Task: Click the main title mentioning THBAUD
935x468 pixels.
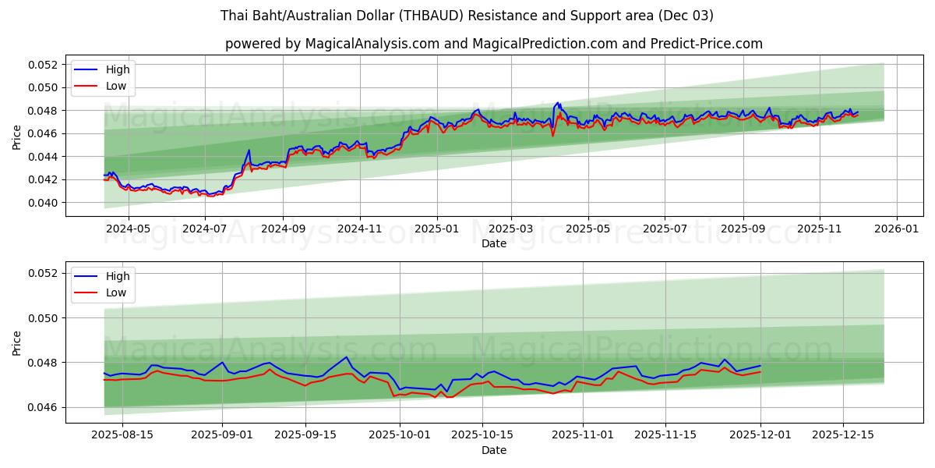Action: tap(467, 16)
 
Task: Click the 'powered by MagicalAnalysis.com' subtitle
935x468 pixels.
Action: tap(493, 44)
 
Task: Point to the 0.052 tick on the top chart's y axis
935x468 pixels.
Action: tap(44, 65)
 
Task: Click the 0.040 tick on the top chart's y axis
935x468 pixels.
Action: tap(44, 203)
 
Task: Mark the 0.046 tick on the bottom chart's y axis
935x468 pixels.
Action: tap(44, 408)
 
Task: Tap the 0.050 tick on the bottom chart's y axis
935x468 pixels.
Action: tap(44, 318)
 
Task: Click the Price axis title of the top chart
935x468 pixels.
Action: tap(17, 138)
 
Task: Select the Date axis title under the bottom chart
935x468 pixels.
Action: tap(494, 451)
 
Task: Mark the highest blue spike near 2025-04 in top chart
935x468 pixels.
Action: tap(558, 102)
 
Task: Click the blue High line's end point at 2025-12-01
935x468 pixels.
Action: tap(760, 366)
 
